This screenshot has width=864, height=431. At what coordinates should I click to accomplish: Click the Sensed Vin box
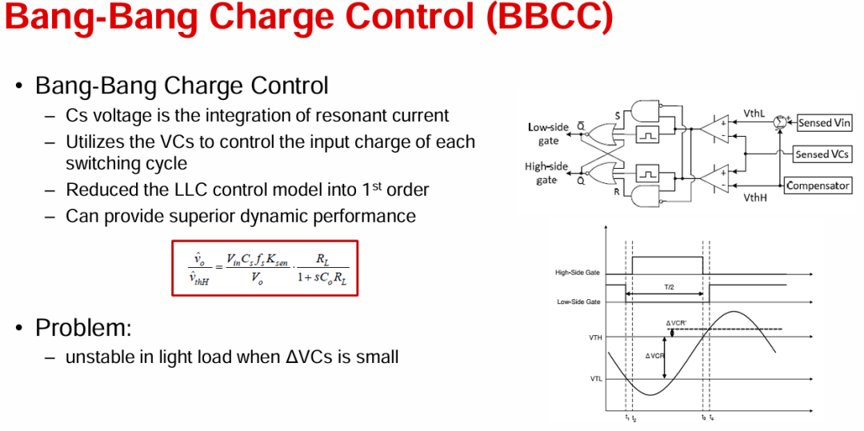click(x=824, y=122)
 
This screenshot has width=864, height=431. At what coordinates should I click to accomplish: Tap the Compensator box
click(x=818, y=186)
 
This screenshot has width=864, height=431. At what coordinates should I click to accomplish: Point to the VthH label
click(x=754, y=196)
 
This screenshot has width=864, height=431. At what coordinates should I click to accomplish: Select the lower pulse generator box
click(x=647, y=175)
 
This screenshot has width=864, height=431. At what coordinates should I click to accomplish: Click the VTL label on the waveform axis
click(x=596, y=379)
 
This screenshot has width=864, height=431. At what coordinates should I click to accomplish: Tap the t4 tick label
click(x=711, y=417)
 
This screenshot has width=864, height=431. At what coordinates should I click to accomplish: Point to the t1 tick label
click(x=626, y=417)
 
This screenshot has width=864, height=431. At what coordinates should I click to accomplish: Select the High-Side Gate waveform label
click(x=578, y=273)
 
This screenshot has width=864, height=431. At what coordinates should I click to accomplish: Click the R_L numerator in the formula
click(x=322, y=259)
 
